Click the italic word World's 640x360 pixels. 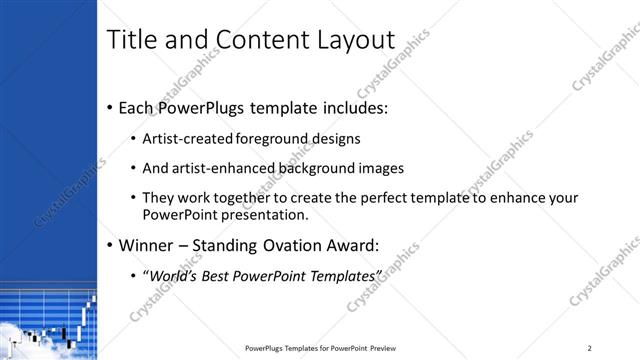tap(174, 275)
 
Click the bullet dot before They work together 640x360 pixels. tap(134, 198)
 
